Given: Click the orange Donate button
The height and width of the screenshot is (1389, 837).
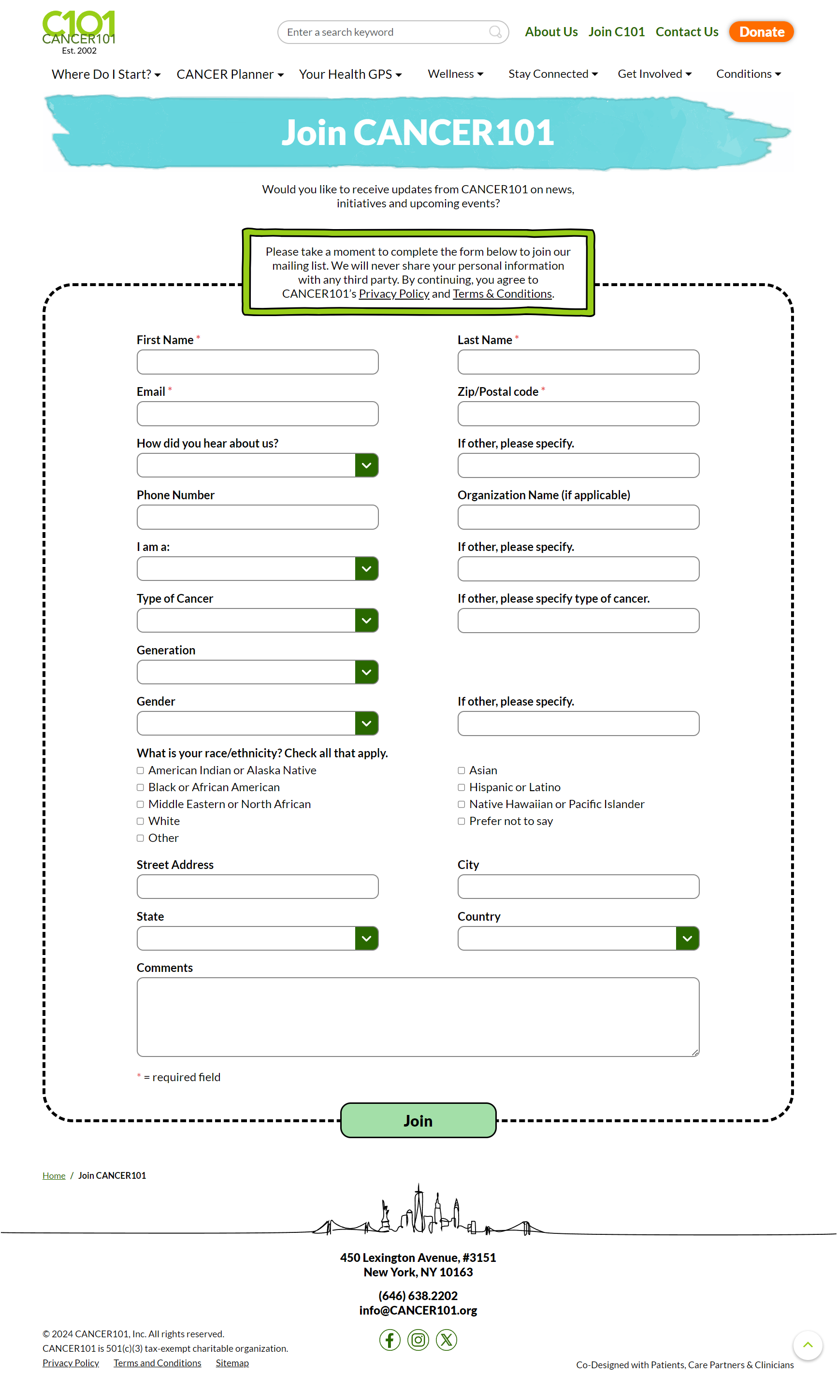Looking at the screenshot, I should tap(761, 32).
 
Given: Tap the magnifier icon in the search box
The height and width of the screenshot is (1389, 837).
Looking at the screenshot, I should tap(495, 32).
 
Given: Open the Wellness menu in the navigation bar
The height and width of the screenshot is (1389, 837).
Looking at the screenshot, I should tap(455, 74).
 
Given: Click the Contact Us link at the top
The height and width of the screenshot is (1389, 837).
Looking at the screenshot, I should tap(687, 32).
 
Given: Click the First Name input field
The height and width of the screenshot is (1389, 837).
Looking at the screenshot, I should tap(258, 362).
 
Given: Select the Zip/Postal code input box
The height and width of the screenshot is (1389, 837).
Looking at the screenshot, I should tap(578, 414).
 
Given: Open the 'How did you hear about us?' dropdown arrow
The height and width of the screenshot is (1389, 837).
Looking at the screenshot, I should tap(366, 465).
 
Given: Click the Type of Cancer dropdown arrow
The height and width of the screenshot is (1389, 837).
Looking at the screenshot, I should tap(366, 621).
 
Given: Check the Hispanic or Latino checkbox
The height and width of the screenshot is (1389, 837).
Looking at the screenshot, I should tap(462, 787).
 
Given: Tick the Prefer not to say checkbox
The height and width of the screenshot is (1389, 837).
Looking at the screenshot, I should tap(462, 821).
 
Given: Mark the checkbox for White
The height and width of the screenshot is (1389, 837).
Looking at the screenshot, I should tap(140, 821).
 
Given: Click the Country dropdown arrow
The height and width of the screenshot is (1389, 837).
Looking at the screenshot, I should tap(687, 939).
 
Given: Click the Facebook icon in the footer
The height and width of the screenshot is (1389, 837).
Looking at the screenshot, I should tap(390, 1340).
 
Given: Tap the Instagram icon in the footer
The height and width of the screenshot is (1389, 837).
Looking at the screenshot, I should tap(418, 1340).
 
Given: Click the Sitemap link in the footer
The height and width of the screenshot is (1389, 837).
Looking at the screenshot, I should tap(232, 1363).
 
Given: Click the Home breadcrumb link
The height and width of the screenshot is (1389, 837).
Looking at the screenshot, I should tap(54, 1176).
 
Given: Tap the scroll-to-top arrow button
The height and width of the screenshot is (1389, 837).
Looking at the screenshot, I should tap(807, 1345).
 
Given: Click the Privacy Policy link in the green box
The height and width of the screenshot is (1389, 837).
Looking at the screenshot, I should tap(394, 294).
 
